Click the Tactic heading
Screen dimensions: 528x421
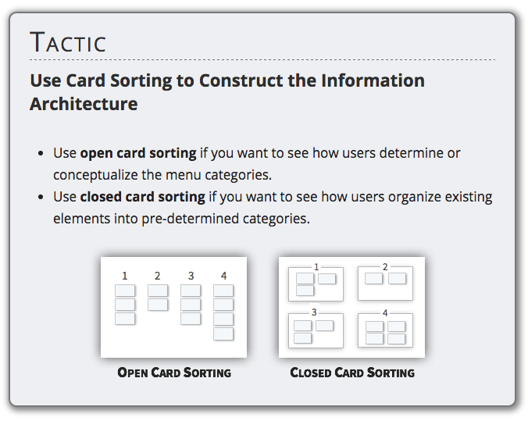pos(68,42)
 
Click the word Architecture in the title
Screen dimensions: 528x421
pos(84,104)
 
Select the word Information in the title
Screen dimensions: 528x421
pos(373,80)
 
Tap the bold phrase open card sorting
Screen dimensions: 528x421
pos(138,154)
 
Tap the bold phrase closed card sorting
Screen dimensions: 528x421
pos(142,197)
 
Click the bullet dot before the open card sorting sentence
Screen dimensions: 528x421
pos(41,154)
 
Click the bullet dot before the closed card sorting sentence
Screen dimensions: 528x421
pos(41,197)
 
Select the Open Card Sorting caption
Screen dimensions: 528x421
pos(174,373)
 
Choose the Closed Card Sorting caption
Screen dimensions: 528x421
pos(352,373)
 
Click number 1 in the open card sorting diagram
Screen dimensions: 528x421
pos(125,277)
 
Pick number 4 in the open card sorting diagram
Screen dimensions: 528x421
pos(223,277)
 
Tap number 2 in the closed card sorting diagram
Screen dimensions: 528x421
pos(385,267)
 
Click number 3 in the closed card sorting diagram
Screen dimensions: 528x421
pos(314,312)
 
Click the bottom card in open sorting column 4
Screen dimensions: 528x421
pos(223,334)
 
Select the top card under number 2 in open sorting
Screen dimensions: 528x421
pos(158,291)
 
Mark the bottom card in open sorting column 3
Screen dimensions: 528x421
pos(191,319)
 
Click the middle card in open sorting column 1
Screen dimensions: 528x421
pos(125,305)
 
